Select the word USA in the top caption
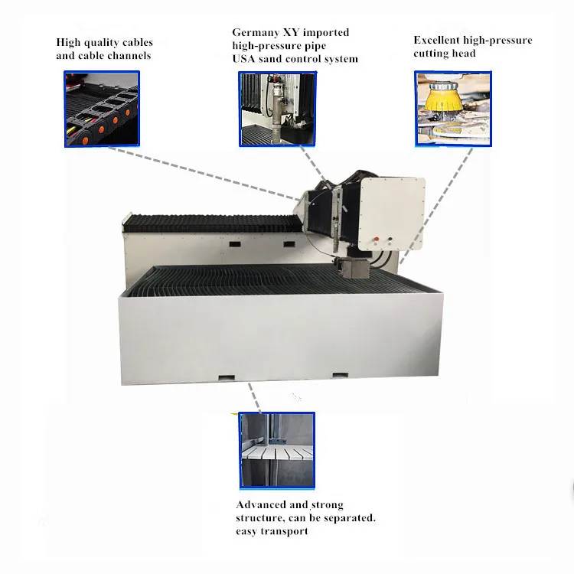click(245, 59)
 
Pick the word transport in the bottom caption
click(282, 531)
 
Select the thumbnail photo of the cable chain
click(102, 109)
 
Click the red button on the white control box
click(376, 239)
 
